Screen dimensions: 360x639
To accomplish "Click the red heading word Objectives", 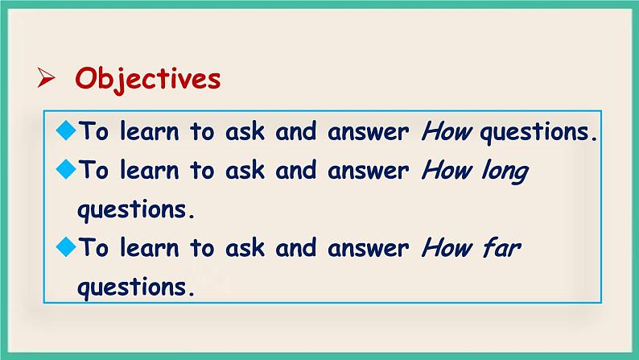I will (147, 79).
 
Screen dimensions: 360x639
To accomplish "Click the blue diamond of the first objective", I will (66, 130).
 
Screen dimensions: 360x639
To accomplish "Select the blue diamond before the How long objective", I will (66, 169).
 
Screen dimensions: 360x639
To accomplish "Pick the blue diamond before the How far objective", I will (66, 247).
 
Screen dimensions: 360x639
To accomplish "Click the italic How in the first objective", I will (445, 132).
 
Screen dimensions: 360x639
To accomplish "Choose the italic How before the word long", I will (445, 171).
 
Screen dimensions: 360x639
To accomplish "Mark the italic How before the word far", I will (445, 248).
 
